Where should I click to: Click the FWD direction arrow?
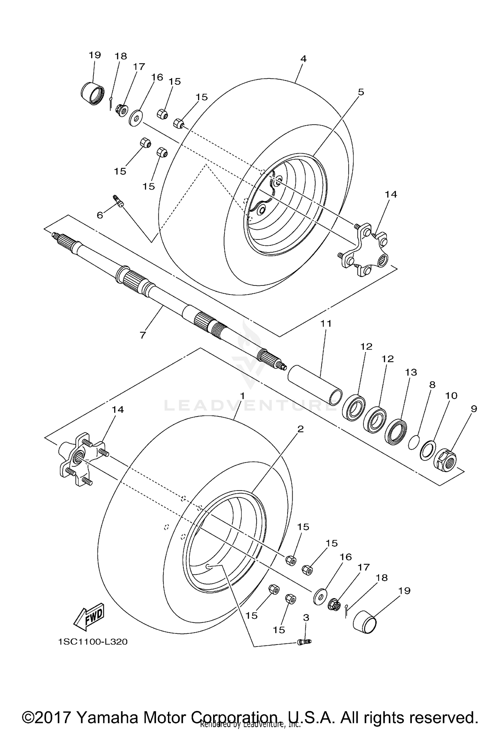tap(90, 616)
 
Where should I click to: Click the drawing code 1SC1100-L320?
tap(93, 642)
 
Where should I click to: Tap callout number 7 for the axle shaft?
tap(143, 335)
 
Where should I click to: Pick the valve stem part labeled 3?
tap(304, 641)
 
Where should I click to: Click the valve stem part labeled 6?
tap(119, 201)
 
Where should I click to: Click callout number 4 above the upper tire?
tap(303, 59)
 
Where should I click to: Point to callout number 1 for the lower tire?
tap(243, 396)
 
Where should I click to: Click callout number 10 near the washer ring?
tap(451, 396)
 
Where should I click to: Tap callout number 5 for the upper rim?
tap(361, 92)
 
